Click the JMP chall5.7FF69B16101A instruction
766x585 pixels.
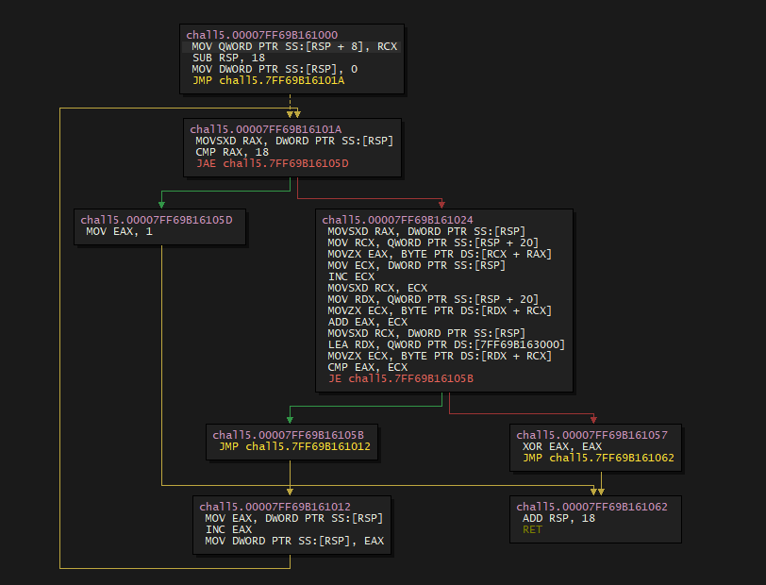pyautogui.click(x=268, y=80)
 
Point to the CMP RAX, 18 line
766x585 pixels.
pyautogui.click(x=232, y=152)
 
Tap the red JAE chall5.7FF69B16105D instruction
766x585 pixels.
pyautogui.click(x=272, y=163)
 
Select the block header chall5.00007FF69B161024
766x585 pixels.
pyautogui.click(x=397, y=220)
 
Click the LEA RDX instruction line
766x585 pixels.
pyautogui.click(x=446, y=344)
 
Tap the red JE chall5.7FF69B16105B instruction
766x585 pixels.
pyautogui.click(x=401, y=378)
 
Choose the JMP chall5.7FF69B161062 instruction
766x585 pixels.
pyautogui.click(x=598, y=458)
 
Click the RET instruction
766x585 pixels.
pyautogui.click(x=533, y=530)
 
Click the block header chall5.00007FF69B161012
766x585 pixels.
pyautogui.click(x=275, y=507)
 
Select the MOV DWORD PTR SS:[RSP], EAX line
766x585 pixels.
pyautogui.click(x=294, y=541)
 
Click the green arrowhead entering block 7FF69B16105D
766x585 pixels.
pyautogui.click(x=161, y=204)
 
